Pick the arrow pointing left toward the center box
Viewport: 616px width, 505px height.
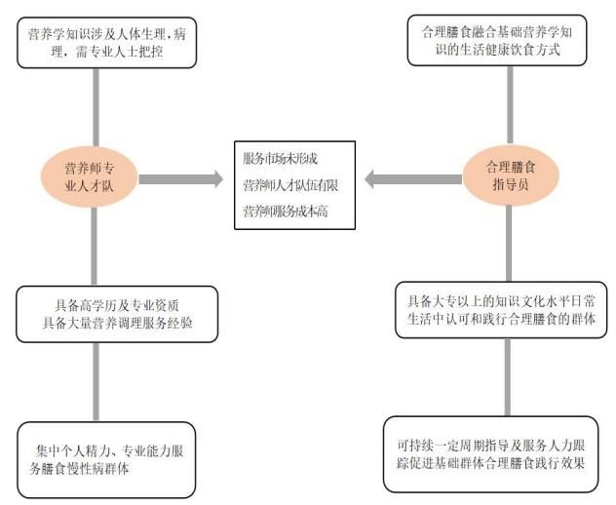tap(407, 179)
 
